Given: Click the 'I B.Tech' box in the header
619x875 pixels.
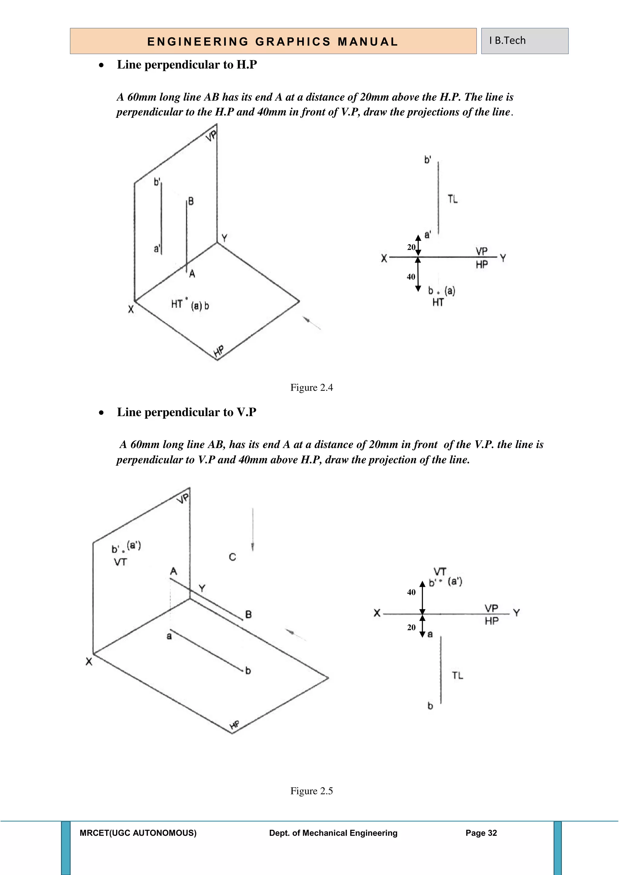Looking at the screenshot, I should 524,41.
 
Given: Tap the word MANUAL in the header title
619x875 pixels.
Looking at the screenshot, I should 368,41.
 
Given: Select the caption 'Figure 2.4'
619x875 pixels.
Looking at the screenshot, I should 311,388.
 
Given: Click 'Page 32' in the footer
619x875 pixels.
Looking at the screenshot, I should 481,833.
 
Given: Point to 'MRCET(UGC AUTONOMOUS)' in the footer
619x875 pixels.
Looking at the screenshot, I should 138,833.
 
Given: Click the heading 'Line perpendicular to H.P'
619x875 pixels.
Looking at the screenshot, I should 187,65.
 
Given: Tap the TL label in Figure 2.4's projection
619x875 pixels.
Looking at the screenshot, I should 453,199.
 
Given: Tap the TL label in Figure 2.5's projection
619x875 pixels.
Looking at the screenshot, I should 457,676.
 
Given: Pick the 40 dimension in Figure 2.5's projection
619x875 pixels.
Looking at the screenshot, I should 411,592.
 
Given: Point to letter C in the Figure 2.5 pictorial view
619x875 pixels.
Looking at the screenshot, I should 232,557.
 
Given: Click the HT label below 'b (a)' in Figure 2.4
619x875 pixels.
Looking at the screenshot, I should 438,302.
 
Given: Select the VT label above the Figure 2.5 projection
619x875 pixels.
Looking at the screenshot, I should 440,572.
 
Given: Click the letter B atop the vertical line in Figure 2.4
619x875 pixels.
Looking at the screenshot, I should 191,201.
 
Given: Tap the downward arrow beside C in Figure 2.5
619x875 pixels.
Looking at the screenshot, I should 253,530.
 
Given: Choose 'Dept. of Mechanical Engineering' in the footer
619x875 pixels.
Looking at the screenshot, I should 333,833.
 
